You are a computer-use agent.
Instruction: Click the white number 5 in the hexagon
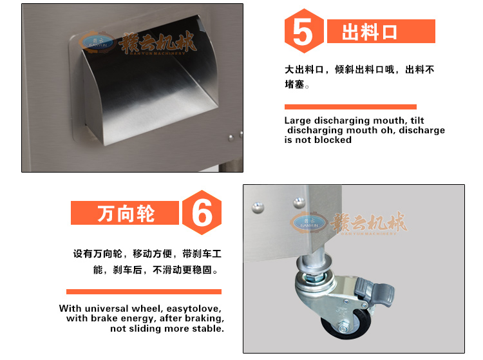tap(303, 31)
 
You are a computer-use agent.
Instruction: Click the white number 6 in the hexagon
tap(202, 213)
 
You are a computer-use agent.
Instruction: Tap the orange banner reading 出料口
tap(381, 31)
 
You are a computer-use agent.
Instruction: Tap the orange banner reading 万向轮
tap(125, 213)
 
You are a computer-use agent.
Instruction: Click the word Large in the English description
tap(298, 120)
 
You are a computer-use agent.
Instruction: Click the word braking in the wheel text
tap(205, 318)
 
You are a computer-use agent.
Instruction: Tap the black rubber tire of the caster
tap(346, 325)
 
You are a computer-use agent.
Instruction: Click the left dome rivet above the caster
tap(258, 208)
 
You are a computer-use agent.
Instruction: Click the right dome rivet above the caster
tap(299, 203)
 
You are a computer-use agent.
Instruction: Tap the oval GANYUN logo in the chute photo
tap(97, 43)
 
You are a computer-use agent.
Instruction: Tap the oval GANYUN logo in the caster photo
tap(309, 223)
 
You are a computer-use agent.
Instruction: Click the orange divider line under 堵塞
tap(350, 107)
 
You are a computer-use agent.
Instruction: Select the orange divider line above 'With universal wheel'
tap(144, 292)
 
